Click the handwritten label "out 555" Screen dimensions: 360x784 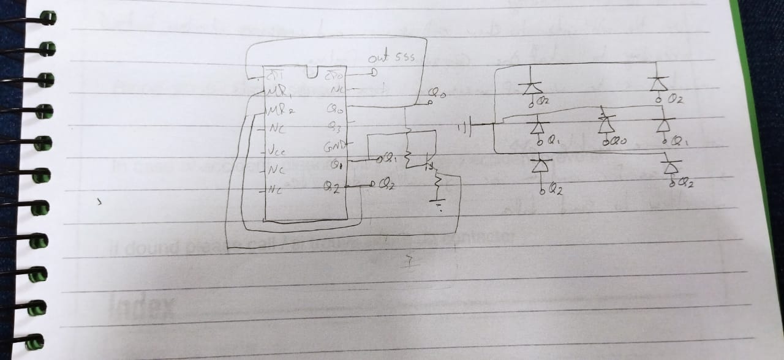point(391,59)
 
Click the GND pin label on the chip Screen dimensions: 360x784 point(332,146)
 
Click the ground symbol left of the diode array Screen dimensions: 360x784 point(466,129)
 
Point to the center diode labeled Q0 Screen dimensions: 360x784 point(606,123)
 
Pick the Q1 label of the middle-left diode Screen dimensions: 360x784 point(552,141)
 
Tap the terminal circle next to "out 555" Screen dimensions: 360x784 point(373,73)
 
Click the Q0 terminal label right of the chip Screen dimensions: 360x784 point(437,94)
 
